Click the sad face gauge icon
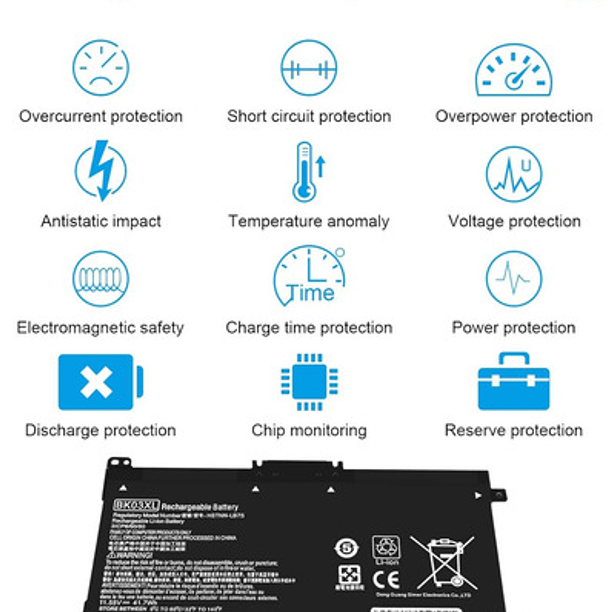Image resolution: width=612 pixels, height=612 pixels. pos(101,68)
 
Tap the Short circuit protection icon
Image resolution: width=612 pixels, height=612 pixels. pos(309,68)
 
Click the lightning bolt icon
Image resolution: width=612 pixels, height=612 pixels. pos(101,171)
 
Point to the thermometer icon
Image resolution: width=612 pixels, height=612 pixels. pos(306,172)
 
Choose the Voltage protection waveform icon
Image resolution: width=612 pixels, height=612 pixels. pos(514,174)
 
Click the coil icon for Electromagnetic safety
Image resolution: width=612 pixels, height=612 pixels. pos(101,279)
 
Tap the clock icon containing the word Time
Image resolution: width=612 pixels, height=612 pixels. pos(309,276)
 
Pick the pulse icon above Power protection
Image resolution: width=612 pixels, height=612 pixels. pos(514,279)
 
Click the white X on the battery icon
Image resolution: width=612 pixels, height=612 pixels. pos(96,382)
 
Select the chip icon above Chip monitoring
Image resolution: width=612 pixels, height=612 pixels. pos(309,382)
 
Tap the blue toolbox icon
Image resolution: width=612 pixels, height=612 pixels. pos(514,382)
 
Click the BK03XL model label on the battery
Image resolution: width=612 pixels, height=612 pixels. pos(136,505)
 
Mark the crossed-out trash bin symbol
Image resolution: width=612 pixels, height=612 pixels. pos(442,562)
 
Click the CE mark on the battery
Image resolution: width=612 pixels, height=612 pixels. pos(385,579)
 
